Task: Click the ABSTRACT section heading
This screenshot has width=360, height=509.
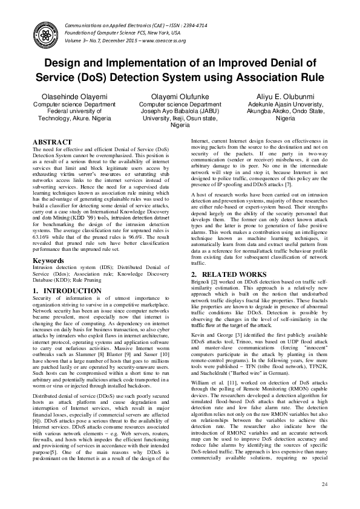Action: [52, 143]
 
